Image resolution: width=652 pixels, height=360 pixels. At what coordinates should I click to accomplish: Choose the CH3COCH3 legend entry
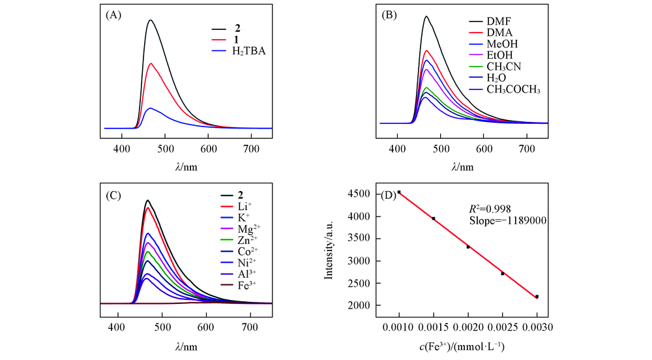[x=514, y=89]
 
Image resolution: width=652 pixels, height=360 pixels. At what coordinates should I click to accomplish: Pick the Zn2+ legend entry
[x=244, y=240]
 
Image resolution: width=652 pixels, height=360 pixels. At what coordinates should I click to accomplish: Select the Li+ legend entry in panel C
[x=242, y=207]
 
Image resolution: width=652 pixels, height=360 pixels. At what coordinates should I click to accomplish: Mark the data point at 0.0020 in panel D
[x=468, y=247]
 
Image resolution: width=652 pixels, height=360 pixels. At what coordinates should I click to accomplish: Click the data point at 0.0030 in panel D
[x=537, y=297]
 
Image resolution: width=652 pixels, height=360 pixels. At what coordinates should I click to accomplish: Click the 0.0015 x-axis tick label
[x=434, y=325]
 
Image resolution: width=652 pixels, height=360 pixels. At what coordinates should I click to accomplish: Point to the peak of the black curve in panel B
[x=426, y=16]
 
